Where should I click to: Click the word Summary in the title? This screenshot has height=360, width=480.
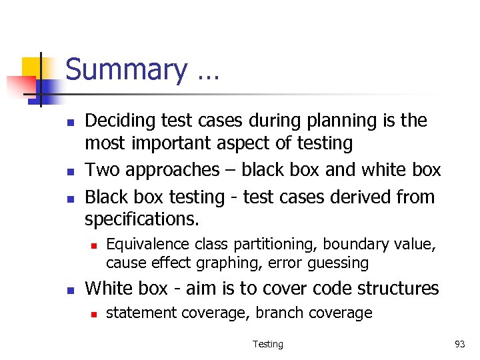[x=127, y=70]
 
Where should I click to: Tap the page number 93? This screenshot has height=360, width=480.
[x=459, y=344]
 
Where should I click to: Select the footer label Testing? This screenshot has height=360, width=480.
[x=267, y=344]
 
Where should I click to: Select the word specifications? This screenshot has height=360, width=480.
[x=142, y=219]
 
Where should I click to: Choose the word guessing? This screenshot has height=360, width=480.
[x=338, y=263]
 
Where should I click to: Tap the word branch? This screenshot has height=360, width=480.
[x=279, y=313]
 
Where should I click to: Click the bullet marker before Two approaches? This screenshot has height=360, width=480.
[x=69, y=171]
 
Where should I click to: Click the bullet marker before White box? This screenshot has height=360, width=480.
[x=69, y=289]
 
